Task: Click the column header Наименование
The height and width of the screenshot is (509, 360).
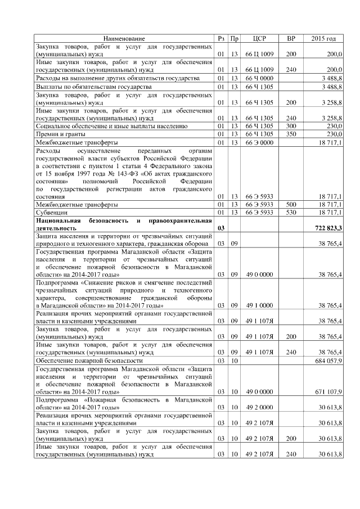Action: (124, 38)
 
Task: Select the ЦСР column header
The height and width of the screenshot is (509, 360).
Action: (259, 38)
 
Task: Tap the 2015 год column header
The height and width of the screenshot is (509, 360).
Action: (323, 38)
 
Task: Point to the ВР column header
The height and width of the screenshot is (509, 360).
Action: (291, 38)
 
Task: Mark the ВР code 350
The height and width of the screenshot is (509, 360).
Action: (291, 134)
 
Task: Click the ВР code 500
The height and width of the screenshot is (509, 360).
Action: (291, 205)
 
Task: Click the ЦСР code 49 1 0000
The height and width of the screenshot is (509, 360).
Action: (259, 305)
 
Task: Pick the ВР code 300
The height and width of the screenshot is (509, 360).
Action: (291, 127)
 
